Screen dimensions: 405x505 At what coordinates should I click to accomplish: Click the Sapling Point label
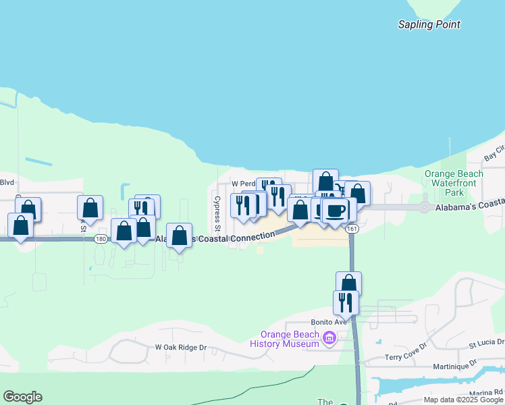pos(429,24)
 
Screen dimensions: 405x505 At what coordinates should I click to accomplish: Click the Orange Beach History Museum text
pos(284,339)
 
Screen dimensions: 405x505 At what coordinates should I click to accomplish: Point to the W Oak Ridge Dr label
pos(180,348)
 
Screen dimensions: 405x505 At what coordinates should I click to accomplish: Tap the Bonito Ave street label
pos(328,322)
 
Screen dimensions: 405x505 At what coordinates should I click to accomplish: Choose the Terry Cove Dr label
pos(406,356)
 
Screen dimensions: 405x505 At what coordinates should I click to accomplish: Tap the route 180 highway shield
pos(101,239)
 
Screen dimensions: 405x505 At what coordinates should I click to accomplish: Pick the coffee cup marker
pos(335,211)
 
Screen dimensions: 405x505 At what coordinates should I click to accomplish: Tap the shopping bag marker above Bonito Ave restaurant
pos(348,283)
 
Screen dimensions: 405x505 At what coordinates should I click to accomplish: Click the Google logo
pos(22,397)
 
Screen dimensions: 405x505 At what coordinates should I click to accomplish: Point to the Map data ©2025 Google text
pos(463,400)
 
